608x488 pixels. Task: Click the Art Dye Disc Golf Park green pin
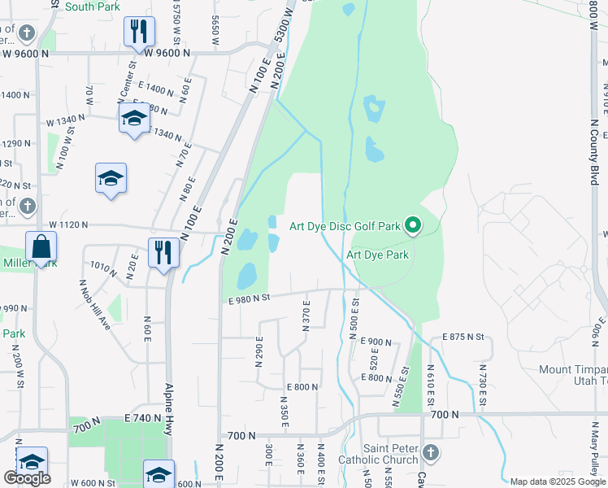click(413, 225)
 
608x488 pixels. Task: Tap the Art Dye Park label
click(377, 255)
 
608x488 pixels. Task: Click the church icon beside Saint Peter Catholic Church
click(431, 452)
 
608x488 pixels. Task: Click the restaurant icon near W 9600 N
click(139, 32)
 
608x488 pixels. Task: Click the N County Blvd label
click(593, 163)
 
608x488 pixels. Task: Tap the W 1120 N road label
click(78, 224)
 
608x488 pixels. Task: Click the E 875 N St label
click(463, 337)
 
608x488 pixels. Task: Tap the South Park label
click(93, 7)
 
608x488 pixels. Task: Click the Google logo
click(27, 477)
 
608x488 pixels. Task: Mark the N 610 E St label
click(430, 386)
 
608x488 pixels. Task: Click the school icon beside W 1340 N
click(133, 119)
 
